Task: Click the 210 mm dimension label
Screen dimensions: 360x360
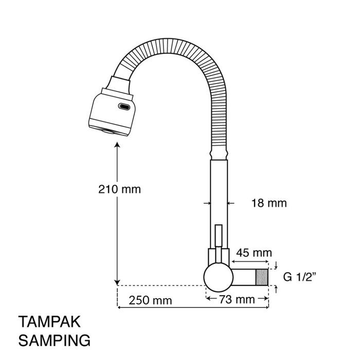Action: pos(119,189)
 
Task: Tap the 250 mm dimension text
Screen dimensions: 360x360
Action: pos(150,300)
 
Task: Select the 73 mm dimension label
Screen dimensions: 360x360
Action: pos(237,299)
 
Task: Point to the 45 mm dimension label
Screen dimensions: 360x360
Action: pos(254,253)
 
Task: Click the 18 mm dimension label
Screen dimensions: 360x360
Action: pos(269,203)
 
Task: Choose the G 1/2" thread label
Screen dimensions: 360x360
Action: pos(300,277)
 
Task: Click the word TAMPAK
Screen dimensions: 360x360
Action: pos(49,321)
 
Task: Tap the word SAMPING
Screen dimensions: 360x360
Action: pos(55,340)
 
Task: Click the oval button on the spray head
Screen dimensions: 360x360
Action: pos(124,106)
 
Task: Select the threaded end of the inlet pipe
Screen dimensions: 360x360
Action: pos(262,277)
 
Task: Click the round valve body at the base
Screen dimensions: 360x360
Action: pos(219,277)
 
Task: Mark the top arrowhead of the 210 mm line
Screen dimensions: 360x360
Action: pos(117,145)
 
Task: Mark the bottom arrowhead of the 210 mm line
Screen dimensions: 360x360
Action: pos(117,282)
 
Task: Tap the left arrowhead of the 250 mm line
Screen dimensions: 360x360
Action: pos(119,307)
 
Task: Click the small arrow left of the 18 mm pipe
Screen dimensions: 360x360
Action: pos(207,203)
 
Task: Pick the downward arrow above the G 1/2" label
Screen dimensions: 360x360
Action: pos(276,265)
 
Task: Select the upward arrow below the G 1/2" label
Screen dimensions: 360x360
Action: pos(276,289)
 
